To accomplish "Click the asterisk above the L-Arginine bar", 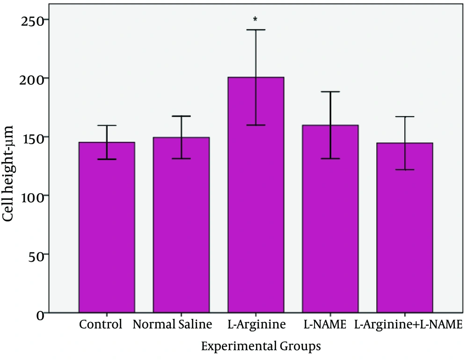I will [255, 20].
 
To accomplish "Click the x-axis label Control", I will [101, 324].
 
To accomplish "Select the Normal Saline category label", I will [172, 324].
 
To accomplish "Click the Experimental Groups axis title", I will [261, 346].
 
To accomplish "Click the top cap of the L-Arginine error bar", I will [256, 30].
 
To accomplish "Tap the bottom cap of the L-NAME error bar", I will [330, 159].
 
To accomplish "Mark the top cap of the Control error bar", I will [107, 125].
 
